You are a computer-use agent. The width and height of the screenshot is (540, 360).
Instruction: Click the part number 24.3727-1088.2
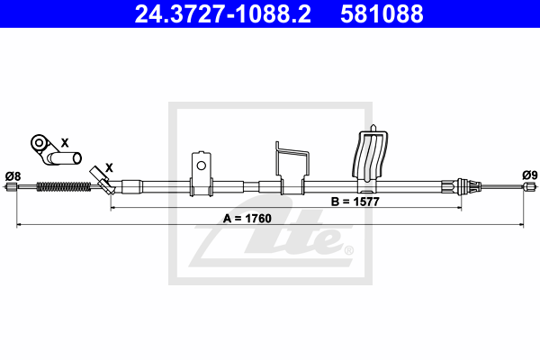point(223,14)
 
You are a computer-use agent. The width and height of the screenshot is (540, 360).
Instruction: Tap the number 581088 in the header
point(382,14)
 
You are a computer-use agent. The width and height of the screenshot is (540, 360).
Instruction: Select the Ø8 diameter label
point(13,176)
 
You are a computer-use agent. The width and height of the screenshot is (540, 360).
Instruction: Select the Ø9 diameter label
point(530,175)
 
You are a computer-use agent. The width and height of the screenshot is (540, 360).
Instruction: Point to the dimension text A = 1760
point(247,219)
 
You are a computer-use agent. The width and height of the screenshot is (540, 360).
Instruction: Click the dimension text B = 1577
point(355,202)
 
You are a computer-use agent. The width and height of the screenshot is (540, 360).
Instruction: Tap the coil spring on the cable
point(64,186)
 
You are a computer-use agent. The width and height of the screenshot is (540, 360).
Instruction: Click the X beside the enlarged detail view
point(65,142)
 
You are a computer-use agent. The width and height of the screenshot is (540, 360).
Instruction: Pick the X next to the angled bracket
point(109,167)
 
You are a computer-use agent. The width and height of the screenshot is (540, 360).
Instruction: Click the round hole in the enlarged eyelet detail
point(40,142)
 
